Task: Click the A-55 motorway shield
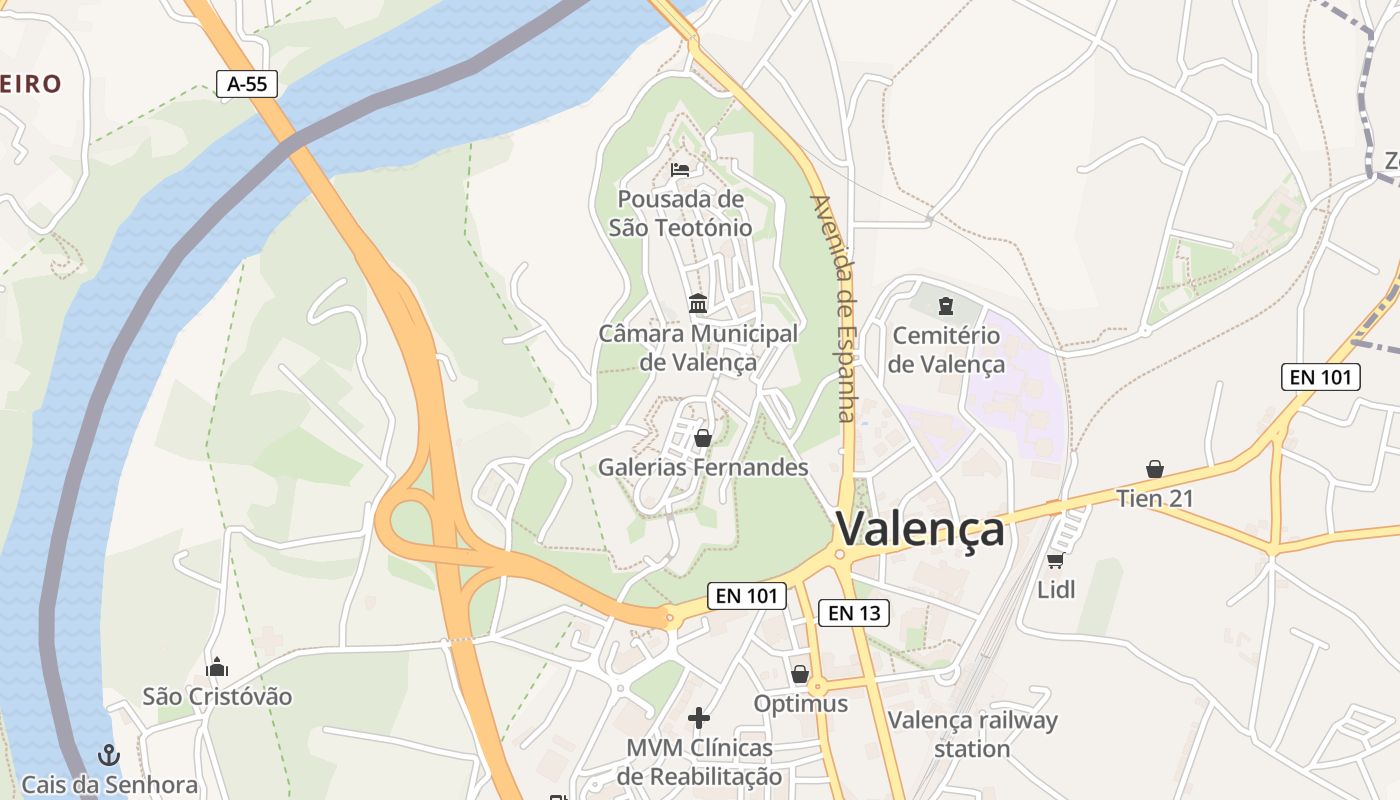coord(247,84)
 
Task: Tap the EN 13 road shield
coord(853,613)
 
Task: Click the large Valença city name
coord(920,529)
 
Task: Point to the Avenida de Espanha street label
coord(834,308)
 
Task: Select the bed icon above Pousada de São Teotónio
coord(681,169)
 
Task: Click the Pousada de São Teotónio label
coord(681,213)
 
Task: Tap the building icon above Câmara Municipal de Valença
coord(698,303)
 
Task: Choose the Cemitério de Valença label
coord(946,350)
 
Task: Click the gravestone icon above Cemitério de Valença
coord(946,306)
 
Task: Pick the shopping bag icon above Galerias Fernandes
coord(703,437)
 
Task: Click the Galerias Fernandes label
coord(703,467)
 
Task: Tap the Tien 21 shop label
coord(1155,498)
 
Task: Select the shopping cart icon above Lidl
coord(1055,560)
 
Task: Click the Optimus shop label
coord(800,704)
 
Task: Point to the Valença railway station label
coord(972,734)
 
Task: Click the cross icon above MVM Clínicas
coord(699,717)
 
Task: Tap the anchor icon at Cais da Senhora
coord(109,755)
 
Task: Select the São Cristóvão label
coord(217,696)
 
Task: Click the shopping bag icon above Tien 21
coord(1155,468)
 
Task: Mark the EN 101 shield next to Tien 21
coord(1320,377)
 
